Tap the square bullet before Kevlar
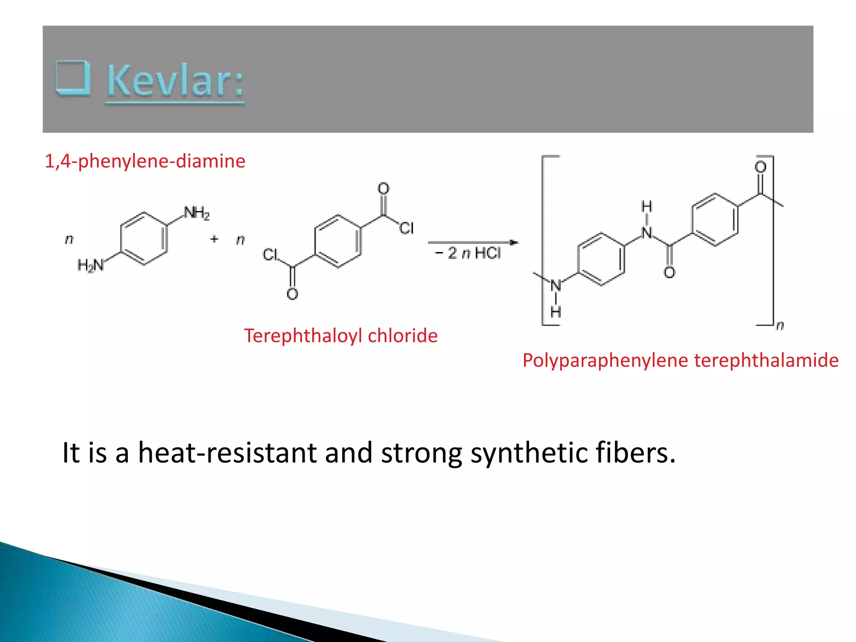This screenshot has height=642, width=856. [x=73, y=78]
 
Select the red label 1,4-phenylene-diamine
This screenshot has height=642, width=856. [x=145, y=161]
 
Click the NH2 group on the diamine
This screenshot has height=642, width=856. [x=196, y=213]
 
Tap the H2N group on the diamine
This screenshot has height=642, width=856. [x=90, y=265]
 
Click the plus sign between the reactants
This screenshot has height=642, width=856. [x=214, y=239]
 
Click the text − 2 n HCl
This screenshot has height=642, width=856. [x=468, y=253]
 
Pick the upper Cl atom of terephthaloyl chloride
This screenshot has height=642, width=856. [x=406, y=228]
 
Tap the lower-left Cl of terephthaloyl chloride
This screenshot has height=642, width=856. [x=270, y=255]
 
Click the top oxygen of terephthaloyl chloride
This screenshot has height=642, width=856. [x=383, y=189]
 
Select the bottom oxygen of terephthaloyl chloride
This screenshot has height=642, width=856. [x=293, y=294]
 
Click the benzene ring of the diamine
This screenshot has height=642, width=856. [x=144, y=239]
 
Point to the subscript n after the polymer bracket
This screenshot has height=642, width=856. [x=780, y=325]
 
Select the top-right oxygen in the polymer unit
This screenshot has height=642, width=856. [x=760, y=167]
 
